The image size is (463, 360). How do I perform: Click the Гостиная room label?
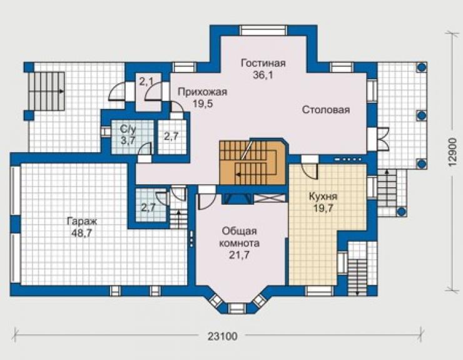tap(263, 63)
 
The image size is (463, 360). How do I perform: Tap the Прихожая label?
tap(203, 92)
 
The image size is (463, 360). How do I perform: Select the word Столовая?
tap(326, 110)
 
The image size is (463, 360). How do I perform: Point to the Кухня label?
tap(323, 196)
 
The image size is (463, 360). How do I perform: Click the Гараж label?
tap(82, 222)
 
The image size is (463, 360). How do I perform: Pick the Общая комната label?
tap(239, 237)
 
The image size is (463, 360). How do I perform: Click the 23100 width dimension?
tap(222, 336)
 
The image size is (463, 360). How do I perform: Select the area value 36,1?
tap(263, 75)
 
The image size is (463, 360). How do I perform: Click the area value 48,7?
tap(82, 233)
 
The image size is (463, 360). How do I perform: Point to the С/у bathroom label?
tap(128, 128)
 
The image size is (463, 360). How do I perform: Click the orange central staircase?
tap(253, 162)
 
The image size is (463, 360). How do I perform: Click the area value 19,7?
tap(323, 208)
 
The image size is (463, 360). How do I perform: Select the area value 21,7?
tap(239, 255)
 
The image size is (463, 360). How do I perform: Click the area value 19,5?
tap(203, 104)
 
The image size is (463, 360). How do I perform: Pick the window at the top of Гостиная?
tap(263, 31)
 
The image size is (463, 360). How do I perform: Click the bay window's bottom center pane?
tap(237, 308)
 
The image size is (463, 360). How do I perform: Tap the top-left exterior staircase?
tap(47, 91)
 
